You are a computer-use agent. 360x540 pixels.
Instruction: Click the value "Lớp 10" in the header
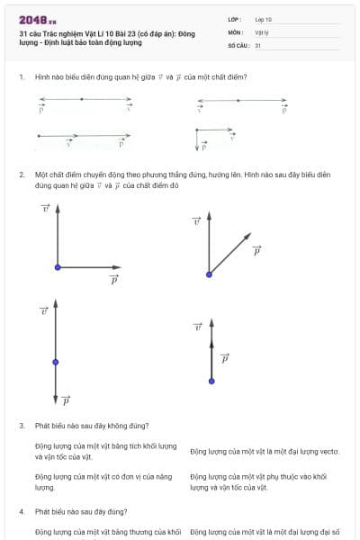coord(263,19)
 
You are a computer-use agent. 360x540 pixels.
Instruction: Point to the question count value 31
coord(258,45)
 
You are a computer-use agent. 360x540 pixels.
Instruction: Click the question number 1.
coord(21,77)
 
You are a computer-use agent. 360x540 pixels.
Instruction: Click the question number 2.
coord(21,173)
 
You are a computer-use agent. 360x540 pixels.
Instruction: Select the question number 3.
coord(21,426)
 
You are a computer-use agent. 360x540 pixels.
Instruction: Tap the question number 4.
coord(21,512)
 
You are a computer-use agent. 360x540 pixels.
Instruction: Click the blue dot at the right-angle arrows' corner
coord(58,267)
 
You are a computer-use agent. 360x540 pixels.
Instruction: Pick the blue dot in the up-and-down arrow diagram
coord(56,362)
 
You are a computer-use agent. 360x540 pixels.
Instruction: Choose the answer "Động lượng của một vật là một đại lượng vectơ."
coord(264,451)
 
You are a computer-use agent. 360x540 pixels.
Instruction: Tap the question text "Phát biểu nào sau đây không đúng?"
coord(92,426)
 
